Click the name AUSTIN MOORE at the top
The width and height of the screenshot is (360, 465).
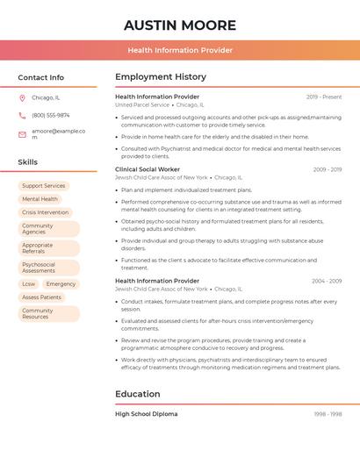pyautogui.click(x=180, y=25)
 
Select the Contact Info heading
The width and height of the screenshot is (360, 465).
pyautogui.click(x=41, y=77)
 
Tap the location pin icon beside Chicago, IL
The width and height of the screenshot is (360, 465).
pyautogui.click(x=22, y=97)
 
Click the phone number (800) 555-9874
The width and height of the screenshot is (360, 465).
pyautogui.click(x=50, y=115)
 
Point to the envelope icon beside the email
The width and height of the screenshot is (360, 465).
pyautogui.click(x=22, y=133)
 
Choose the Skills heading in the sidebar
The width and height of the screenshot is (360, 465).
pyautogui.click(x=28, y=162)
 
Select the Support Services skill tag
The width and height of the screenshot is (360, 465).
pyautogui.click(x=44, y=186)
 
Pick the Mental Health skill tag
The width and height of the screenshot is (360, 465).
pyautogui.click(x=40, y=199)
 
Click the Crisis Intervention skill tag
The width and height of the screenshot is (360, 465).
pyautogui.click(x=45, y=212)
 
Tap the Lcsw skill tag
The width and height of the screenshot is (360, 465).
pyautogui.click(x=29, y=284)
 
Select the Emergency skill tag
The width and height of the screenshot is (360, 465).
pyautogui.click(x=61, y=284)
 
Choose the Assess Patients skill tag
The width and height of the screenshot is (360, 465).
pyautogui.click(x=41, y=297)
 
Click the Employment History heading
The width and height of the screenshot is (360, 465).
pyautogui.click(x=161, y=77)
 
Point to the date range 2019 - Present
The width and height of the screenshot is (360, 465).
pyautogui.click(x=324, y=97)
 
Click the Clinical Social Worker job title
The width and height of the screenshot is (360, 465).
pyautogui.click(x=148, y=169)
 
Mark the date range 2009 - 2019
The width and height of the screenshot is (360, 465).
pyautogui.click(x=327, y=169)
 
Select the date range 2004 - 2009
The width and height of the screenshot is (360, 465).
pyautogui.click(x=327, y=281)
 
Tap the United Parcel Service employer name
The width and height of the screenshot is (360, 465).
pyautogui.click(x=142, y=104)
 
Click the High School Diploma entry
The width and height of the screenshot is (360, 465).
pyautogui.click(x=147, y=414)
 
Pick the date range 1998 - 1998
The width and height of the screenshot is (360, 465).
pyautogui.click(x=328, y=414)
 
